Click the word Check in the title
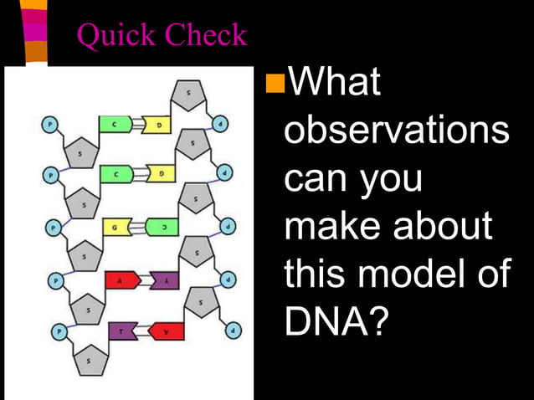click(206, 35)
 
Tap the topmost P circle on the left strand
click(49, 124)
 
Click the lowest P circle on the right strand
click(234, 330)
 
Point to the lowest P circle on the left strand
click(59, 331)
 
